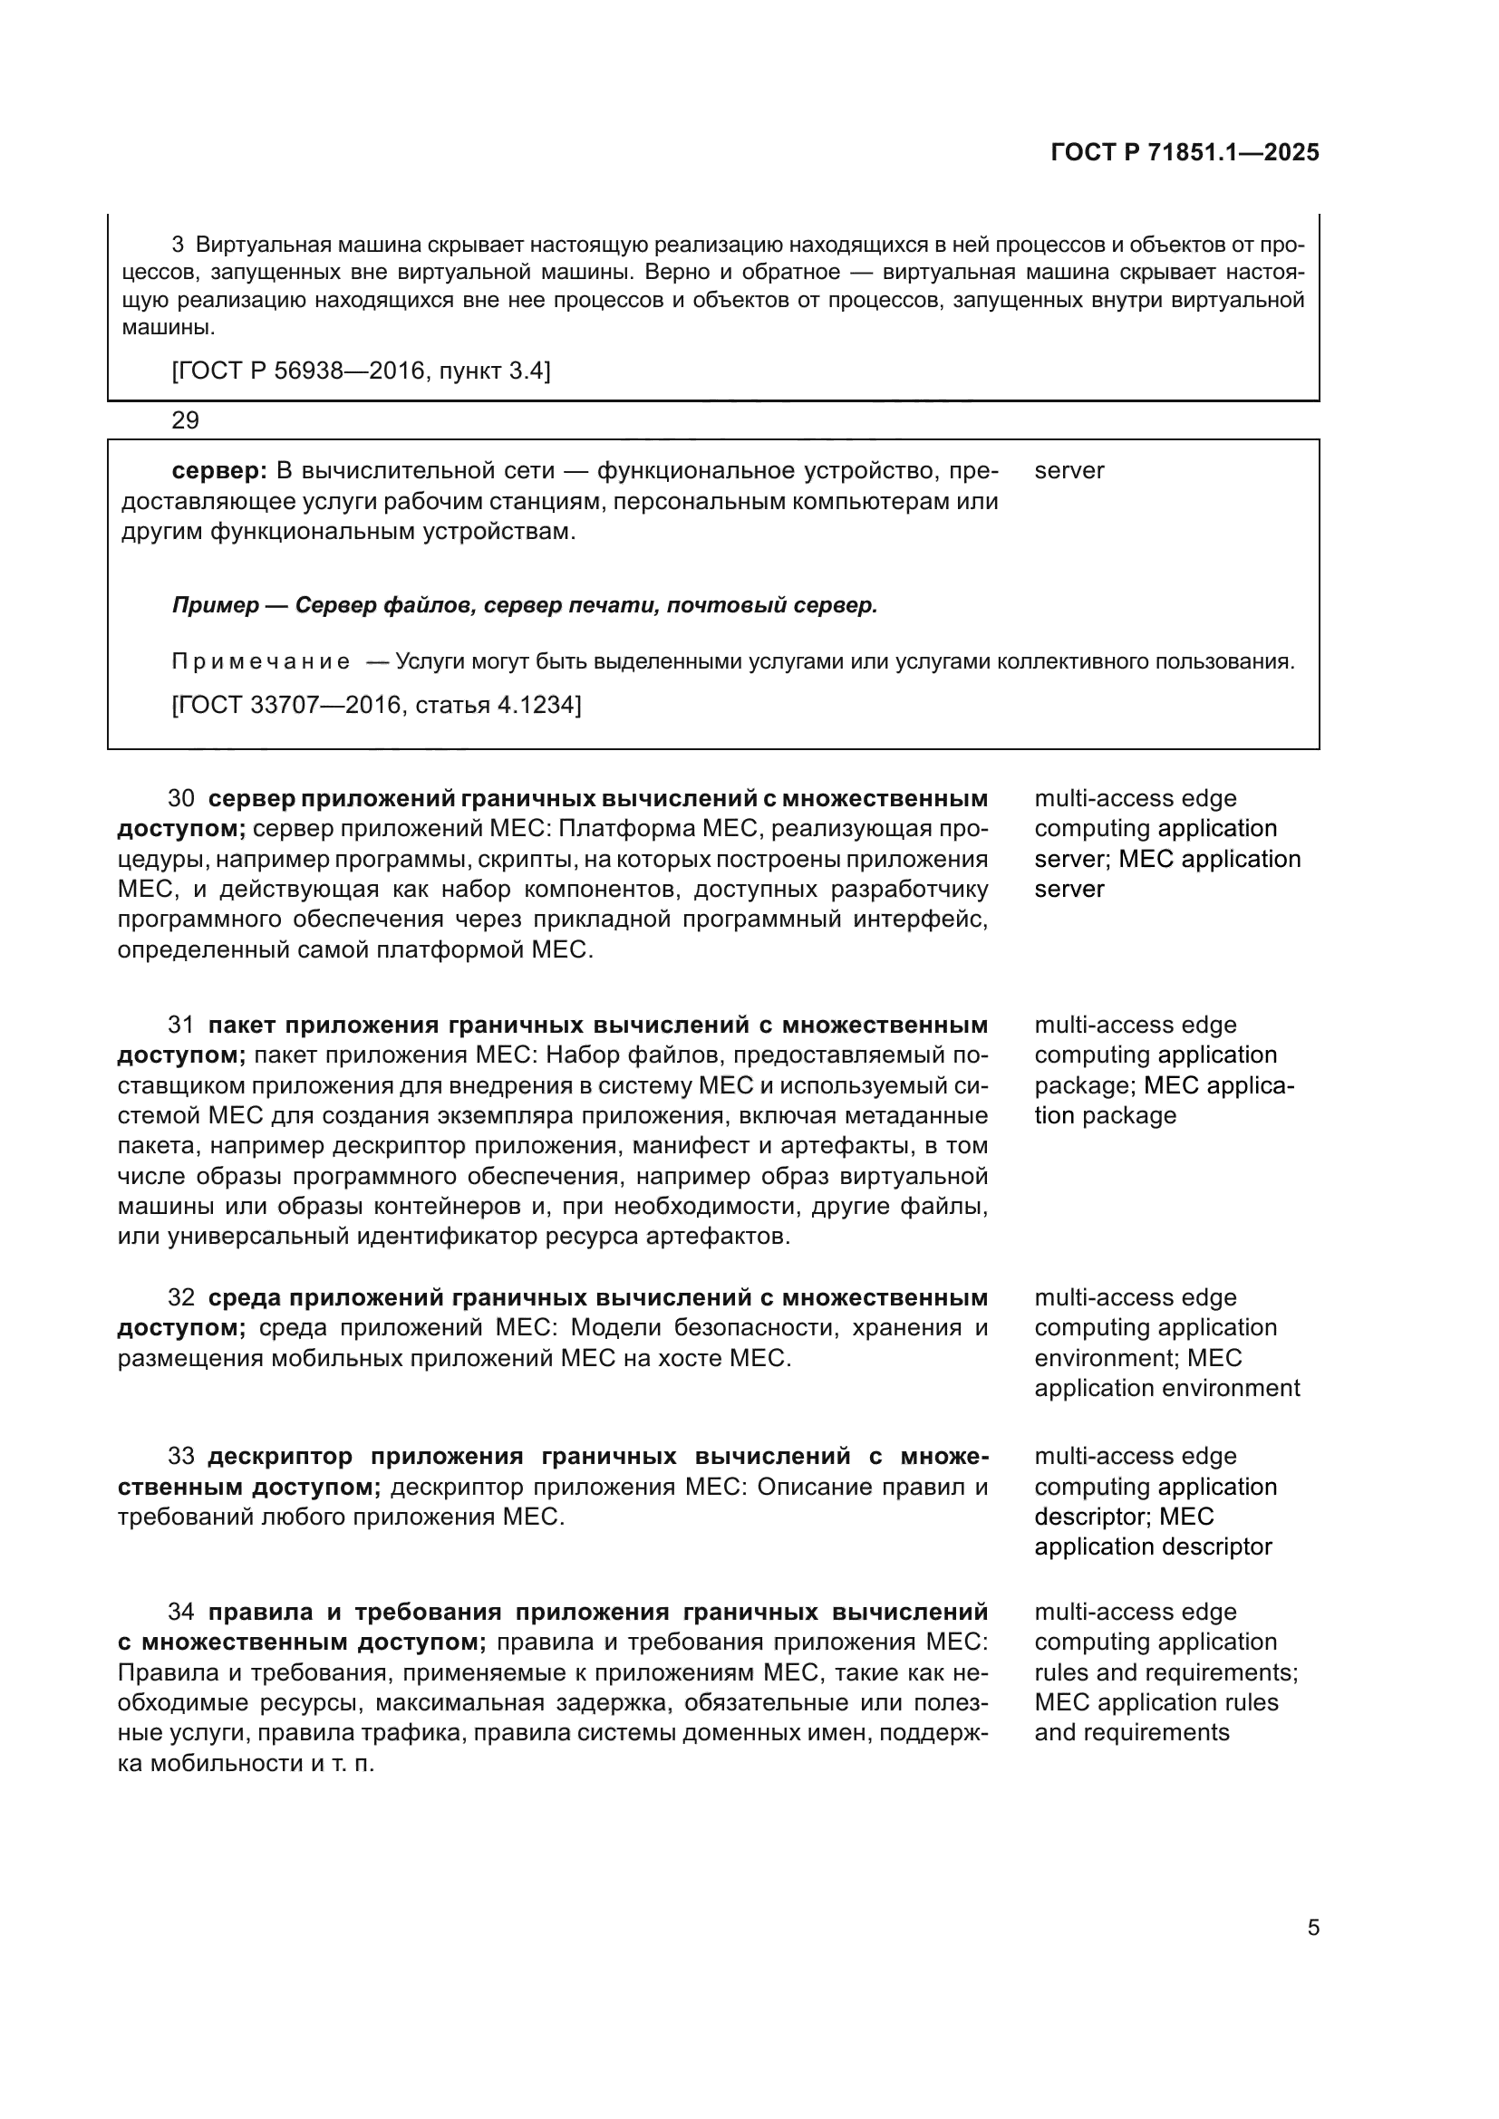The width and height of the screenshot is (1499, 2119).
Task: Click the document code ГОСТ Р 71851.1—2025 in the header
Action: tap(1185, 152)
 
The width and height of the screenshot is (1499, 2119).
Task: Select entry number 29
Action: tap(186, 421)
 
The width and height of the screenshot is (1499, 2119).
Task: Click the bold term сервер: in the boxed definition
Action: tap(219, 471)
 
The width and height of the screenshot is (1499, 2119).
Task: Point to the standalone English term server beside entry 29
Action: tap(1069, 471)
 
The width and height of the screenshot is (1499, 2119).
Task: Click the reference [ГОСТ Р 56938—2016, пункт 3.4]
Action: tap(361, 371)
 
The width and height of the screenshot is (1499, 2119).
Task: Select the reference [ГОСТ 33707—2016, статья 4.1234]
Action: tap(377, 705)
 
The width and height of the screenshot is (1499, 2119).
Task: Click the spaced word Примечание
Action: tap(261, 661)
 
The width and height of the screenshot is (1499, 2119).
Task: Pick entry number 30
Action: tap(181, 798)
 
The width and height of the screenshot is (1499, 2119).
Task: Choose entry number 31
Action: tap(181, 1025)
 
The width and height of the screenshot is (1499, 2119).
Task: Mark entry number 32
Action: tap(181, 1297)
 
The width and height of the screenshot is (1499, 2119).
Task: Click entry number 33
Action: tap(181, 1457)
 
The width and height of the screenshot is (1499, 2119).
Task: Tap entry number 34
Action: tap(181, 1613)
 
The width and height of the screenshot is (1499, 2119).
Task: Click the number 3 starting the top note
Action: tap(179, 245)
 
